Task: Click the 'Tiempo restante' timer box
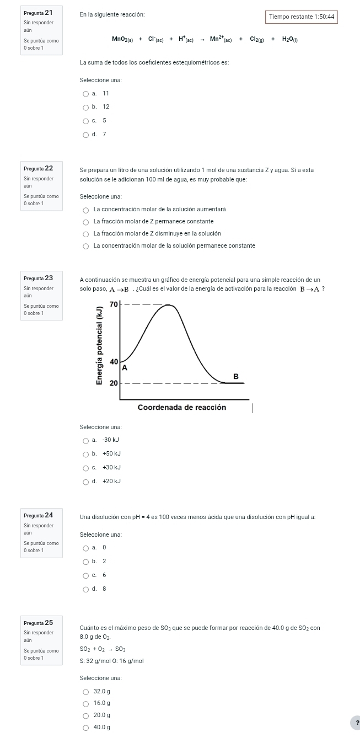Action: coord(301,17)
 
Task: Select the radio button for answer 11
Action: coord(85,94)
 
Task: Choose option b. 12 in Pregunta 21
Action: coord(85,107)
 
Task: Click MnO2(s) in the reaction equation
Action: coord(121,39)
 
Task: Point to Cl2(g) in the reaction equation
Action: coord(257,39)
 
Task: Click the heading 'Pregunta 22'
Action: coord(38,168)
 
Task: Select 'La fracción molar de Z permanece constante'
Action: coord(85,222)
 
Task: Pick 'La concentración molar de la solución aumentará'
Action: coord(85,210)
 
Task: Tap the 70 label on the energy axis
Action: coord(114,304)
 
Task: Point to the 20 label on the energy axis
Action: coord(114,383)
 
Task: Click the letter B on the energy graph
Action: coord(237,376)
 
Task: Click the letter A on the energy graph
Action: coord(125,367)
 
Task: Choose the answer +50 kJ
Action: coord(85,454)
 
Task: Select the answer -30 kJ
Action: coord(85,440)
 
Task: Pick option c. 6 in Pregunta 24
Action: coord(85,575)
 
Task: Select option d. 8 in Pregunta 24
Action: coord(85,589)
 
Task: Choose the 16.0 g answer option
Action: coord(85,703)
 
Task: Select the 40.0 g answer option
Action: coord(85,728)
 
